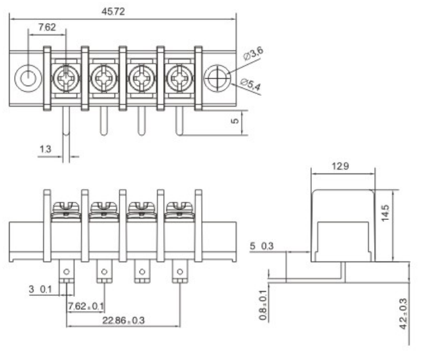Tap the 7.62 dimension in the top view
pyautogui.click(x=46, y=27)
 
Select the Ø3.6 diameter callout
pyautogui.click(x=253, y=56)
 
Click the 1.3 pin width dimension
pyautogui.click(x=45, y=150)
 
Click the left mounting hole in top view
pyautogui.click(x=28, y=80)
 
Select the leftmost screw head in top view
pyautogui.click(x=66, y=80)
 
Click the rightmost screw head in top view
pyautogui.click(x=179, y=80)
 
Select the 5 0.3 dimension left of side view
pyautogui.click(x=264, y=246)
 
